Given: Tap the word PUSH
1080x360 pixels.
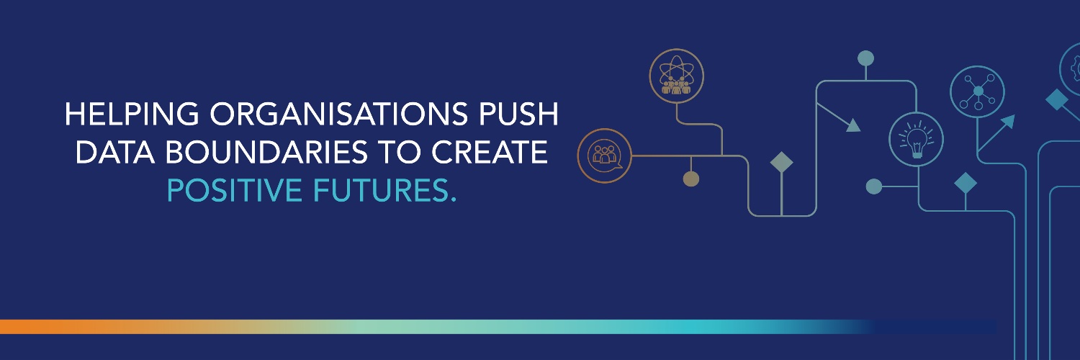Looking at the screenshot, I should click(x=520, y=114).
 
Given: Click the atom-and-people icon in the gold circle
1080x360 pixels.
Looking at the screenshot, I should click(x=676, y=76).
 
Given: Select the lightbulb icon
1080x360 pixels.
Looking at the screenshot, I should click(x=917, y=140).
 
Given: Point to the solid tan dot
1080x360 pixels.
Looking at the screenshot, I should click(x=690, y=179).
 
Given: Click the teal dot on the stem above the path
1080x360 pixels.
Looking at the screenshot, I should click(x=865, y=58).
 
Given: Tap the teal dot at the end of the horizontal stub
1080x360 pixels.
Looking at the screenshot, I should click(x=874, y=186).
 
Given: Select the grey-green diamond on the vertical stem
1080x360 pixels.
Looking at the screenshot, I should click(x=781, y=162).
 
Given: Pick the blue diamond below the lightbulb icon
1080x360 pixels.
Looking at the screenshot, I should click(x=966, y=183).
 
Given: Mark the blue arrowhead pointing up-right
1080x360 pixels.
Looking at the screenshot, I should click(x=1007, y=122).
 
